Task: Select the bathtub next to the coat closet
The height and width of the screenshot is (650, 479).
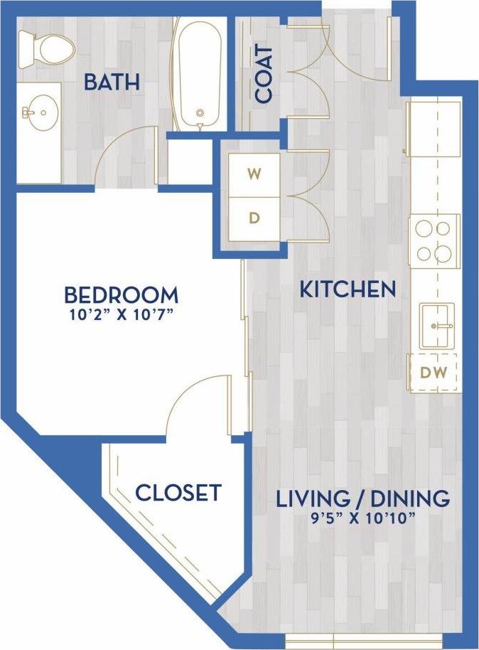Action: (200, 75)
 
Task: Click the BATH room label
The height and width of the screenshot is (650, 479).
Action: (111, 82)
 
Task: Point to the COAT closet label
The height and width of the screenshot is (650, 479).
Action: (264, 75)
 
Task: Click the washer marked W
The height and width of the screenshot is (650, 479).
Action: (253, 173)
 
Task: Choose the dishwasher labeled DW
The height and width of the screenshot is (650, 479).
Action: (434, 372)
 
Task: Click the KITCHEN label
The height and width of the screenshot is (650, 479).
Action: (347, 289)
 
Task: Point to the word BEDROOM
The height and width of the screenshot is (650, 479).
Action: (121, 294)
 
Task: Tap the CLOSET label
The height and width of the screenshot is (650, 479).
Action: (178, 492)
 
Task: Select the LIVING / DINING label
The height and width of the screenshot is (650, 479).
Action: (362, 498)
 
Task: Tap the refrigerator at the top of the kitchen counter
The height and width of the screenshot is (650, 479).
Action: (434, 128)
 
